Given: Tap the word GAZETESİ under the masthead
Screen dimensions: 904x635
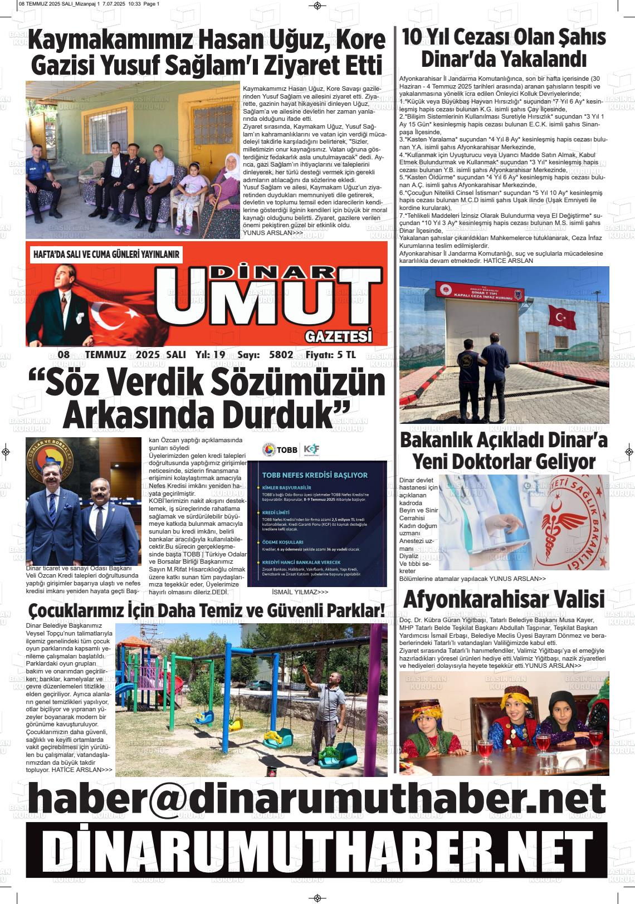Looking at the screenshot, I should tap(338, 336).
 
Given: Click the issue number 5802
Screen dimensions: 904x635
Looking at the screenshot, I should tap(281, 355).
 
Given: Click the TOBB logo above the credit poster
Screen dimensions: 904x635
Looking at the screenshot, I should tap(281, 449).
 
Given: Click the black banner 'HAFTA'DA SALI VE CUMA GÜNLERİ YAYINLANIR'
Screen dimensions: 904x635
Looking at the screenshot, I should tap(106, 255).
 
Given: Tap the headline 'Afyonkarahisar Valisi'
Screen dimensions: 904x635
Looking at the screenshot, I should tap(504, 599).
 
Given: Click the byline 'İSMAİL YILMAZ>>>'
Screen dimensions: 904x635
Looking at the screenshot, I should tap(300, 592).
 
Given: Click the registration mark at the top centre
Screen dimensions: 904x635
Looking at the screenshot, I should tap(317, 6).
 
